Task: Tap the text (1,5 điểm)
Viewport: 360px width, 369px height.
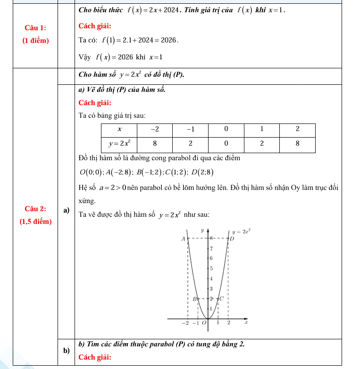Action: click(35, 221)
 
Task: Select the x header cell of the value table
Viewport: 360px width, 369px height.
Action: click(119, 129)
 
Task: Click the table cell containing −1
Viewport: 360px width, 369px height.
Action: click(190, 129)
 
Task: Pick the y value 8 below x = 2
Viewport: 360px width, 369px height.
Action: click(297, 143)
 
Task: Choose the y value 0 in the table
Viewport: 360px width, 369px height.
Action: click(226, 143)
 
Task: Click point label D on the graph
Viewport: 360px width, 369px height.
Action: click(232, 239)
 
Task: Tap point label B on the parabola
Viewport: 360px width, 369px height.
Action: click(193, 299)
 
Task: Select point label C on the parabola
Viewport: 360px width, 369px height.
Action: click(221, 299)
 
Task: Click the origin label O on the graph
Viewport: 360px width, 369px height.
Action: click(204, 323)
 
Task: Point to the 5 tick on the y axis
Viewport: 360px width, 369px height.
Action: click(211, 268)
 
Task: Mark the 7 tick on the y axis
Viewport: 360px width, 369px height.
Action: click(211, 248)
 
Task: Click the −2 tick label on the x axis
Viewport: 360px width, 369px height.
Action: click(185, 323)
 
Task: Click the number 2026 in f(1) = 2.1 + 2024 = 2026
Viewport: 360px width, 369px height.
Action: click(169, 41)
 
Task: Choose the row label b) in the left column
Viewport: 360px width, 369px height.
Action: click(66, 351)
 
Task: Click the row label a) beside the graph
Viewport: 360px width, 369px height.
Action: click(66, 210)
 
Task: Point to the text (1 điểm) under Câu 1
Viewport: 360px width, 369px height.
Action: click(35, 41)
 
